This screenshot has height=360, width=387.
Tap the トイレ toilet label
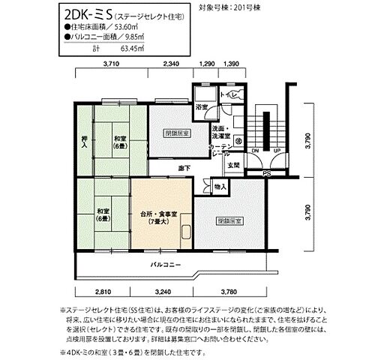point(231,95)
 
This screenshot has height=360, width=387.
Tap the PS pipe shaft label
point(265,174)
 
